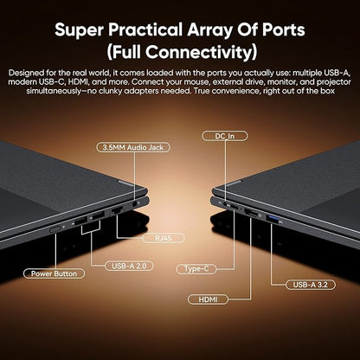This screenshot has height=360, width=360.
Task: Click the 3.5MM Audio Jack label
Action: coord(133,147)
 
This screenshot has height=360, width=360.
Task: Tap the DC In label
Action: coord(225,136)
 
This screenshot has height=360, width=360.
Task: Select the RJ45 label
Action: coord(164,238)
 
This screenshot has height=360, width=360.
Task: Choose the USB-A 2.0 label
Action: coord(129,266)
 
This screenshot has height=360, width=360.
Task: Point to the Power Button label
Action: coord(54,273)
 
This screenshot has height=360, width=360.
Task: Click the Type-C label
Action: coord(196,269)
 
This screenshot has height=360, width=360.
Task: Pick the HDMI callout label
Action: coord(208,299)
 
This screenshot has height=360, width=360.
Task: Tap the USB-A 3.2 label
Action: coord(311,285)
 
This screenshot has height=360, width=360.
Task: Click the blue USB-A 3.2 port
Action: coord(273,220)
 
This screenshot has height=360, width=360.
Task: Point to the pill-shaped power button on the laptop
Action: coord(55,229)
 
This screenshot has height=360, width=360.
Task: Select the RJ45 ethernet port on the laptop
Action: coord(118,210)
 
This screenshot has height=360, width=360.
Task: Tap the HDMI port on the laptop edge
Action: coord(251,214)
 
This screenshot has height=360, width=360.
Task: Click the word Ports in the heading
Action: coord(283,29)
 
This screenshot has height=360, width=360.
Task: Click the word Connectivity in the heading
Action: coord(196,52)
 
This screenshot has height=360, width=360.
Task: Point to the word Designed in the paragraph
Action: coord(27,73)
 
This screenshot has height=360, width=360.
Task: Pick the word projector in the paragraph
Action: coord(334,82)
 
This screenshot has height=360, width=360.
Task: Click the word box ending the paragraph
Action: coord(328,91)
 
